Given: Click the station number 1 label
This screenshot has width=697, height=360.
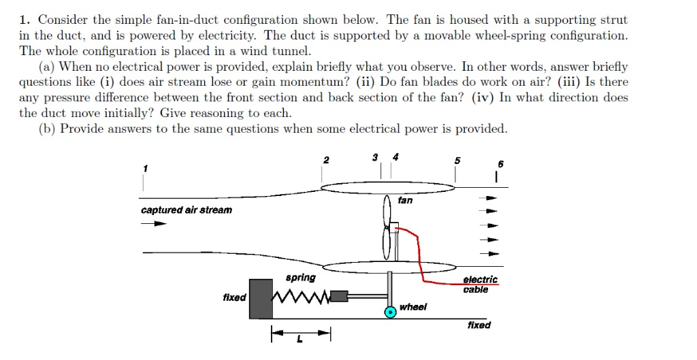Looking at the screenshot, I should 144,167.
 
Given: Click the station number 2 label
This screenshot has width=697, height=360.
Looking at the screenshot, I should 326,161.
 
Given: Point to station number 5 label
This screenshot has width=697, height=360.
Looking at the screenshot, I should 457,161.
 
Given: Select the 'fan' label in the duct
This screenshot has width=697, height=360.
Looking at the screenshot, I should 405,200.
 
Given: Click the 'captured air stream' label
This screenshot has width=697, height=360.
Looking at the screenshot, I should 186,210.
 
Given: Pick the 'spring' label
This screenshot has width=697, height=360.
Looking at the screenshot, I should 300,278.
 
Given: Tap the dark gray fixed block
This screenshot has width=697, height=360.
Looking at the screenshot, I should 261,298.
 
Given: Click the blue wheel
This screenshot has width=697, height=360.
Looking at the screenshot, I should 391,312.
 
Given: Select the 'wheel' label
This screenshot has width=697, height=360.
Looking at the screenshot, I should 413,307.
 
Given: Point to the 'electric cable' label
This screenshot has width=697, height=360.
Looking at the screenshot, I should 480,284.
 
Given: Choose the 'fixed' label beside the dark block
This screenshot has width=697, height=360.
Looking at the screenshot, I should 234,297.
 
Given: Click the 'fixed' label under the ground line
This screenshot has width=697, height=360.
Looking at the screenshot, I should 479,325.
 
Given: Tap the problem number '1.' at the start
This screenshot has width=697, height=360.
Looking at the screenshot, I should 25,20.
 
